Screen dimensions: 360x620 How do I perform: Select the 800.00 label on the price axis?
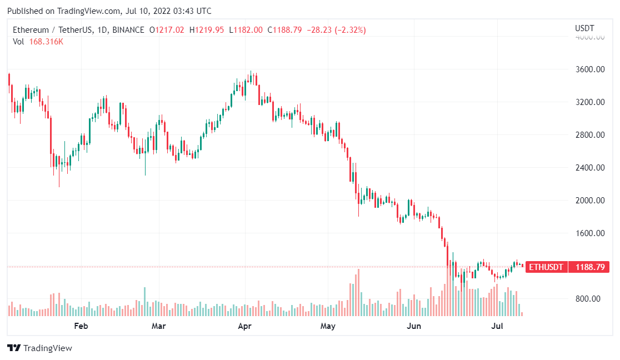(588, 299)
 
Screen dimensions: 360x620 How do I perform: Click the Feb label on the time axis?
(81, 326)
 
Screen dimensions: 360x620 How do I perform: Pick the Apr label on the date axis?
(245, 326)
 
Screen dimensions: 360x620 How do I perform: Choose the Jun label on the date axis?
(414, 326)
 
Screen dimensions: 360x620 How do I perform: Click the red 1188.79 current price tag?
(590, 267)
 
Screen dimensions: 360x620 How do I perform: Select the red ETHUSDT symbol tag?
(546, 267)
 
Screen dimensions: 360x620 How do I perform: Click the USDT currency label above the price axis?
(584, 28)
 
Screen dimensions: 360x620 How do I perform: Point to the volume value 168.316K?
(46, 42)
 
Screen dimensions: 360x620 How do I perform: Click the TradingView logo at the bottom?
(39, 348)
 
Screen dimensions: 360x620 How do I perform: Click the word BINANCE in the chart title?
(127, 29)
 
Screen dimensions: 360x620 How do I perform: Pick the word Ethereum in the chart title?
(30, 29)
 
